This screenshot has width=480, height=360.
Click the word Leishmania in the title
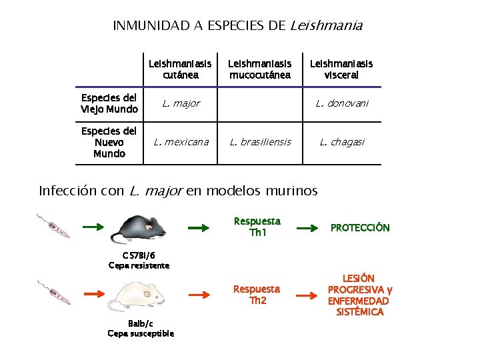click(327, 26)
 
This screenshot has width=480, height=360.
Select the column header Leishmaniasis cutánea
click(180, 69)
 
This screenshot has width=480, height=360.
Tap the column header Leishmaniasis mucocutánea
click(260, 69)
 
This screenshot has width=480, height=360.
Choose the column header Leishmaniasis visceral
click(341, 69)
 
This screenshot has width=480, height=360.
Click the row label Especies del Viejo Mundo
click(109, 103)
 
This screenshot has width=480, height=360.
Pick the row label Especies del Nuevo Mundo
click(109, 142)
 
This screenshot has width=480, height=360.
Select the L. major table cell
click(181, 103)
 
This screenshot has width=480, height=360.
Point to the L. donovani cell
click(341, 103)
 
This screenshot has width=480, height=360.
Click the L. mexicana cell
click(181, 141)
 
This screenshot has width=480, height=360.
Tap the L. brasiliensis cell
click(260, 141)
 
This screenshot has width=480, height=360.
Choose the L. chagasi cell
click(341, 141)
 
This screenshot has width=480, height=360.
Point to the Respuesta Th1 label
click(257, 227)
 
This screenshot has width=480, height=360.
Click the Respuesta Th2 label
click(257, 295)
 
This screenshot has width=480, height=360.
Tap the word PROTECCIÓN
click(360, 228)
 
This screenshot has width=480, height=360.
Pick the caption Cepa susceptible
click(141, 333)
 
